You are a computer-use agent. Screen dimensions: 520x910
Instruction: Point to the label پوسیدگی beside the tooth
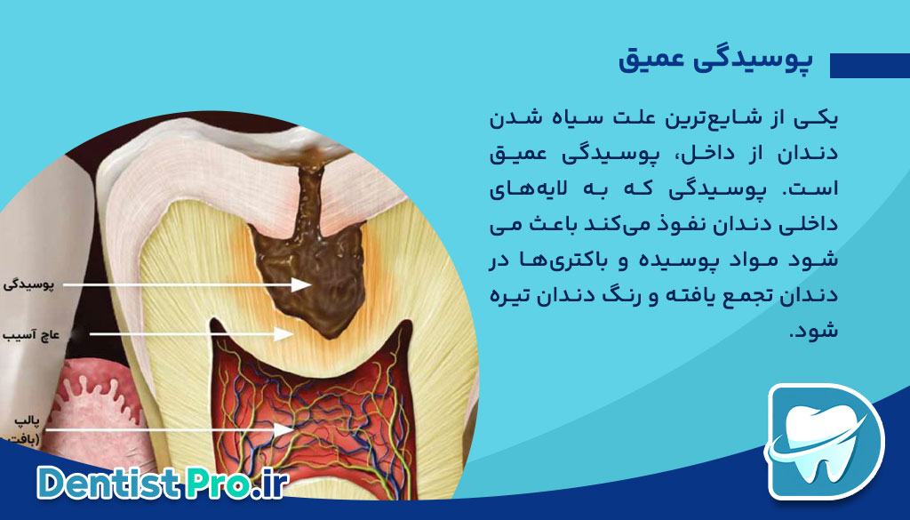30,284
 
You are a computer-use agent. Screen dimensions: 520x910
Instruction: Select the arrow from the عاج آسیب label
187,334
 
